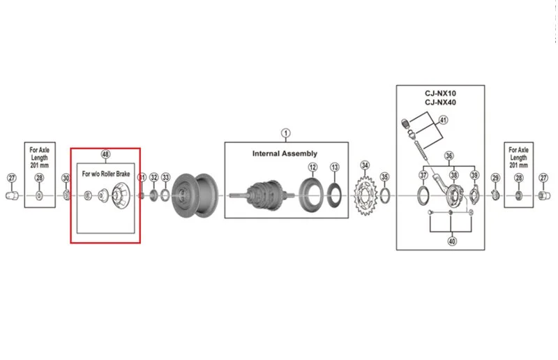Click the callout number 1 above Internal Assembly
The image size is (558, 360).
click(x=285, y=133)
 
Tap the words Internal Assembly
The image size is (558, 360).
click(x=285, y=153)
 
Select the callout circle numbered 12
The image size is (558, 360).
click(x=312, y=167)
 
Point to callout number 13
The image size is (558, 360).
click(x=335, y=167)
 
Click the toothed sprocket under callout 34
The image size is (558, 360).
click(x=365, y=195)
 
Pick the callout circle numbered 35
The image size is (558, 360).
click(x=384, y=177)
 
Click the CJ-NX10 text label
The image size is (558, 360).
click(x=440, y=93)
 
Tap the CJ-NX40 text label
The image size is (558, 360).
click(x=440, y=103)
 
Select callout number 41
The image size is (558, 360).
click(x=443, y=120)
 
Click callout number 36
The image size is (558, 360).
click(x=448, y=156)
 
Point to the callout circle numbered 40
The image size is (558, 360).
click(x=451, y=241)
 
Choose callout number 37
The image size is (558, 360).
click(x=423, y=175)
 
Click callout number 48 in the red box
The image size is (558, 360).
click(x=105, y=154)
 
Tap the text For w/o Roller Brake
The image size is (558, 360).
click(x=106, y=174)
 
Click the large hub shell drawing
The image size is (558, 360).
click(x=195, y=195)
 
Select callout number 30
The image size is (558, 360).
click(x=66, y=178)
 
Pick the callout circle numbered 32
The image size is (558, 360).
click(x=153, y=177)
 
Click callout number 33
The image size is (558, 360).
click(x=165, y=177)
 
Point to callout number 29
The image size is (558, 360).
click(x=495, y=178)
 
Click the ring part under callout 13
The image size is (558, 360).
click(x=334, y=195)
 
